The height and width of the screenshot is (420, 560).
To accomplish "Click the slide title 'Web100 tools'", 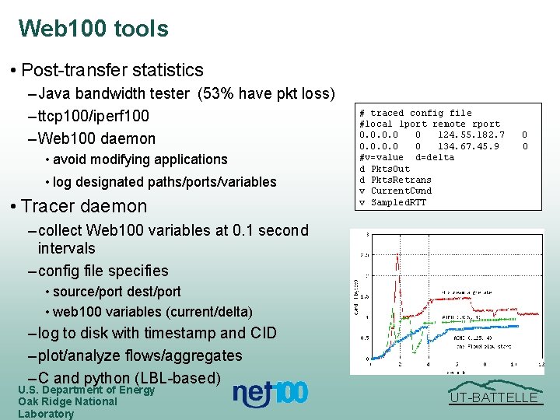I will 93,29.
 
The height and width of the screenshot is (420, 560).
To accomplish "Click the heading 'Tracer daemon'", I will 84,206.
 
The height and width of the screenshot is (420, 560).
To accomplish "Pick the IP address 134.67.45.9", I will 467,146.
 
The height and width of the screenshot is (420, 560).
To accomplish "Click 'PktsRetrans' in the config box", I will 401,180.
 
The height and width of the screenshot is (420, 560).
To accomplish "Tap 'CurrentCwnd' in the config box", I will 401,191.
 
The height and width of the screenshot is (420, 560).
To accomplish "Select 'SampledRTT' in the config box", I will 398,202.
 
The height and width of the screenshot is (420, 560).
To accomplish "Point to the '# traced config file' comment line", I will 415,113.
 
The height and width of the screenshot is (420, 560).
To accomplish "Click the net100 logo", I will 270,394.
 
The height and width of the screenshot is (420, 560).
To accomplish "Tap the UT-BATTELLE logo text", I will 495,398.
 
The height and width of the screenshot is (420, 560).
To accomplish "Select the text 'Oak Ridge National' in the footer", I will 68,401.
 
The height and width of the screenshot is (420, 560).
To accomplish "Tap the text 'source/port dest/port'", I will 117,292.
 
